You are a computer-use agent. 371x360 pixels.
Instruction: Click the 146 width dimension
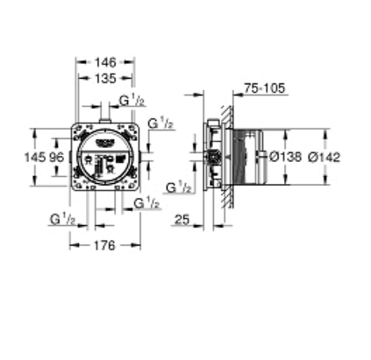tap(105, 62)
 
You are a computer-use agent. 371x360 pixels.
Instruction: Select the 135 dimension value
tap(105, 78)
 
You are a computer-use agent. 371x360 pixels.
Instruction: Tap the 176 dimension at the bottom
tap(104, 245)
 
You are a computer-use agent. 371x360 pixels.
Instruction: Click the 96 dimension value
tap(56, 158)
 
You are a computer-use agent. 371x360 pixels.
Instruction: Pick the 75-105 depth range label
tap(265, 88)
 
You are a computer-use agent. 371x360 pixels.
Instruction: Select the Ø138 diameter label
tap(285, 157)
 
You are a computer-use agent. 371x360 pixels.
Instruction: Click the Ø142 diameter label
tap(325, 157)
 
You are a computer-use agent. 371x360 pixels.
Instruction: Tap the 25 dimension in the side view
tap(182, 220)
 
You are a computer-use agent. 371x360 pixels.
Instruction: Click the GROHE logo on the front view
tap(104, 142)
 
